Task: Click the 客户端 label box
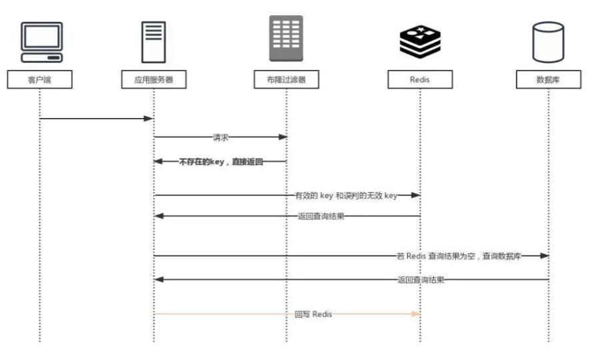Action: click(x=39, y=79)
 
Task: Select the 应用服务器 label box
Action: click(x=153, y=79)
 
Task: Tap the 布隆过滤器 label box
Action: click(x=286, y=79)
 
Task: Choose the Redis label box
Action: click(x=420, y=79)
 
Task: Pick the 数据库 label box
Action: click(x=549, y=79)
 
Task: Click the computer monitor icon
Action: click(x=42, y=42)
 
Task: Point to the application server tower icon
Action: click(x=153, y=42)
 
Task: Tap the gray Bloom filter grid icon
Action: click(x=286, y=38)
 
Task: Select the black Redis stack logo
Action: click(x=420, y=42)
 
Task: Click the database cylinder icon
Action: click(x=549, y=42)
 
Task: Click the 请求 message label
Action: click(x=221, y=137)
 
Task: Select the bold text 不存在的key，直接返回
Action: click(x=221, y=161)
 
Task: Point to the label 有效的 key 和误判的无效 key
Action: click(x=346, y=195)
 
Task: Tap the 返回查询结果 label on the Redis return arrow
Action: click(x=321, y=216)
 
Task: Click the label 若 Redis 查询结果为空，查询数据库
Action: click(x=459, y=256)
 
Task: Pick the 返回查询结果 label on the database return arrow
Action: click(x=421, y=279)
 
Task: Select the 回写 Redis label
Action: click(x=313, y=314)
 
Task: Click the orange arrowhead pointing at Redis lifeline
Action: click(x=416, y=313)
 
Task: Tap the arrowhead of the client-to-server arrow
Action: click(x=149, y=118)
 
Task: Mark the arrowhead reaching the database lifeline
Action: click(x=545, y=256)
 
